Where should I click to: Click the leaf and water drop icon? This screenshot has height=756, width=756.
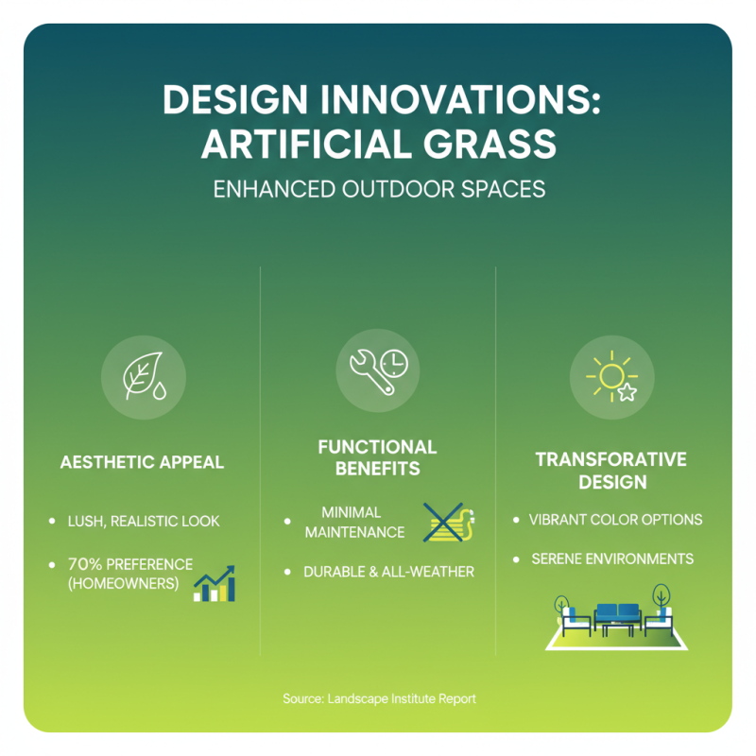(x=143, y=379)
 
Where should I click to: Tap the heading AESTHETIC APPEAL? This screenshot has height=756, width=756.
(x=142, y=463)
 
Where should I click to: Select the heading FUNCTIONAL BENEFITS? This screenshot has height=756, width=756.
(x=378, y=457)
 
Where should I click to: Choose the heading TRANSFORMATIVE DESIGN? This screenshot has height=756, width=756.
(x=611, y=471)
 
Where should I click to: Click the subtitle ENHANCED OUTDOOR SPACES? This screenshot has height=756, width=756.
(x=378, y=189)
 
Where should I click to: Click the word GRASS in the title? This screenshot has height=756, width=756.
(x=489, y=145)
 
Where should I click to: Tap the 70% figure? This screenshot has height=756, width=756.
(x=86, y=564)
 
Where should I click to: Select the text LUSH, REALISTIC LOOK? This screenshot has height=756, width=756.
(x=143, y=521)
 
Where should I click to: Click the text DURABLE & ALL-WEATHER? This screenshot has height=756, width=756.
(x=388, y=572)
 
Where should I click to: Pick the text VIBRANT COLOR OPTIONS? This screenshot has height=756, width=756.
(x=615, y=520)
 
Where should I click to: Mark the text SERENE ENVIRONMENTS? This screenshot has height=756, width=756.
(x=611, y=558)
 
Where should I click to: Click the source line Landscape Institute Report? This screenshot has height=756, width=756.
(x=378, y=698)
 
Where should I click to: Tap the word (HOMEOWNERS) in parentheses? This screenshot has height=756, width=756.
(x=123, y=583)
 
